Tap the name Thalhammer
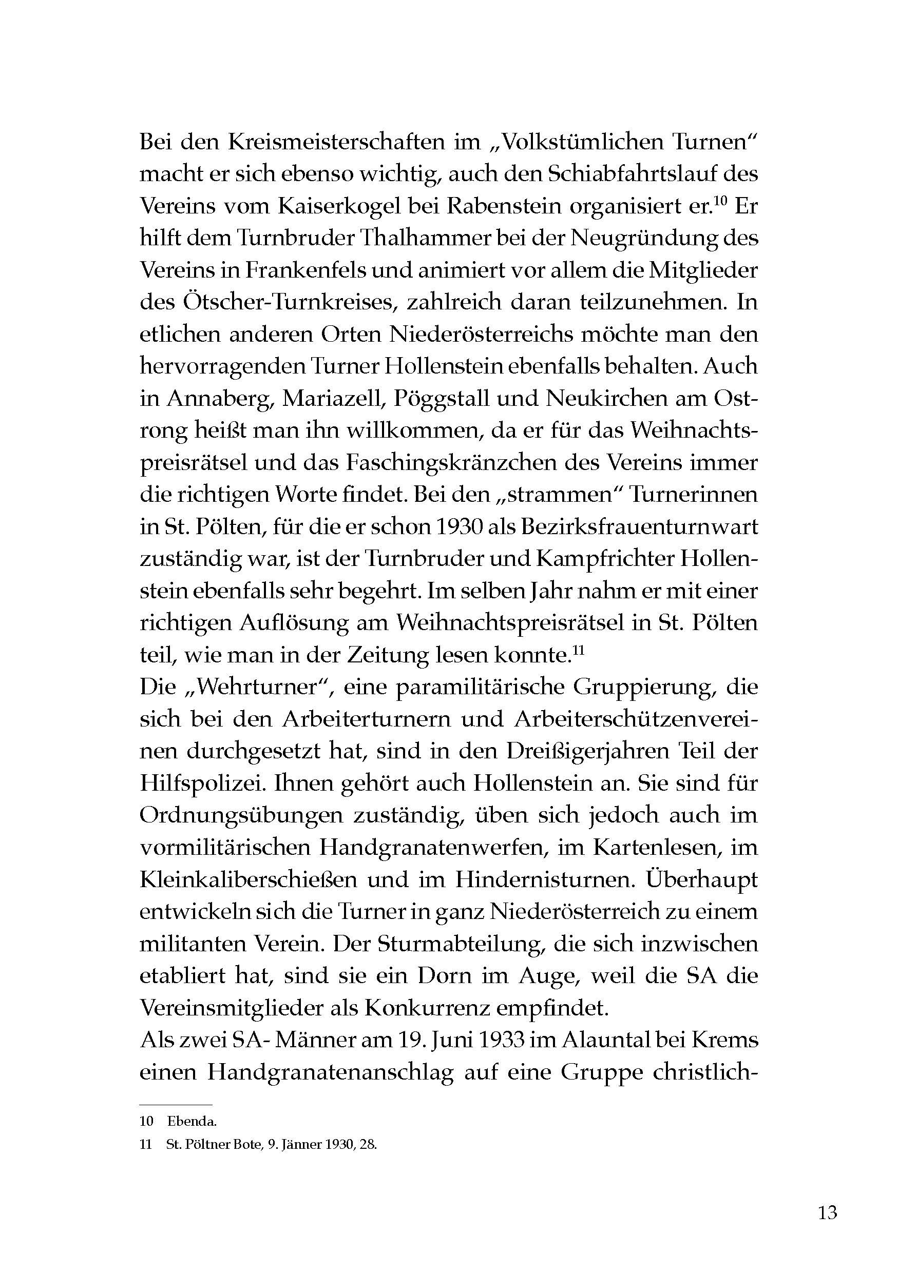coord(419,239)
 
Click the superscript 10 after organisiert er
coord(719,201)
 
